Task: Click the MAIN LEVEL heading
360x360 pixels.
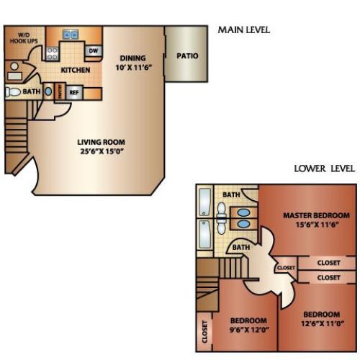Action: tap(243, 30)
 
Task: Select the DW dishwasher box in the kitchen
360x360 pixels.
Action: tap(93, 50)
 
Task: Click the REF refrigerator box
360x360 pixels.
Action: tap(73, 92)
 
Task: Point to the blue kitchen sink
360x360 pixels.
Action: tap(71, 34)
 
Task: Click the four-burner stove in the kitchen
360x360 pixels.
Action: tap(53, 52)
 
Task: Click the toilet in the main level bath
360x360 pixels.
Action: tap(12, 92)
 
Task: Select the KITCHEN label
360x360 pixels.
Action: tap(76, 70)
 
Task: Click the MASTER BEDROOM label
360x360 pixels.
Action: tap(316, 215)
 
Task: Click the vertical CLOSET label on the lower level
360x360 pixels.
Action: tap(204, 333)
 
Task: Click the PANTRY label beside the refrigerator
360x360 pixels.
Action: tap(60, 92)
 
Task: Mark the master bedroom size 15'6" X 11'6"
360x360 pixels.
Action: tap(316, 225)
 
